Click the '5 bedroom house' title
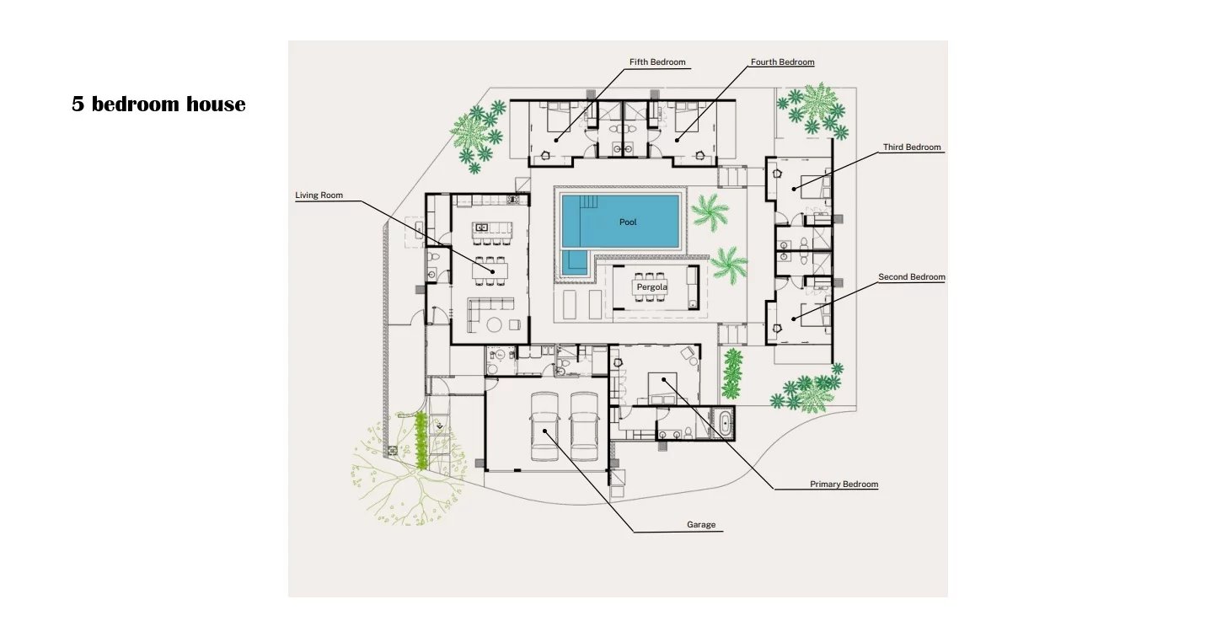158,104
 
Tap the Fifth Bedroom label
657,62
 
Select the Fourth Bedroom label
782,62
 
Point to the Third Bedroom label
912,147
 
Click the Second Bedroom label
912,276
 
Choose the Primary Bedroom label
844,484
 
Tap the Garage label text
701,525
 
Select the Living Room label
319,195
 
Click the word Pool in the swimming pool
628,222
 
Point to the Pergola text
652,287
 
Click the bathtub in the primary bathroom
726,423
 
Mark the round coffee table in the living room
494,324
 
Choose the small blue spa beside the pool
574,263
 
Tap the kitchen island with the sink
492,228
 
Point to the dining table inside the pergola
652,287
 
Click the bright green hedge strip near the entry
421,441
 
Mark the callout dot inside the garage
544,431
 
